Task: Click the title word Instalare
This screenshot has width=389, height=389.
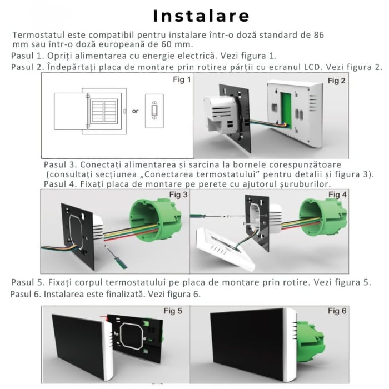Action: [x=194, y=14]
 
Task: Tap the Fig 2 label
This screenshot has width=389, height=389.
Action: [x=336, y=81]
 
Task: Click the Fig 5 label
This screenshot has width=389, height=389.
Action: [x=173, y=311]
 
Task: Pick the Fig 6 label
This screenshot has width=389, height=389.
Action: [x=337, y=311]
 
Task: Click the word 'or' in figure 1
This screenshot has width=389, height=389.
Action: [x=135, y=111]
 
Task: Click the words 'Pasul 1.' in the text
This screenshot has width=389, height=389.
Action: [x=27, y=56]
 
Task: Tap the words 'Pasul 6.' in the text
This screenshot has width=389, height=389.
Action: [x=26, y=293]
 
